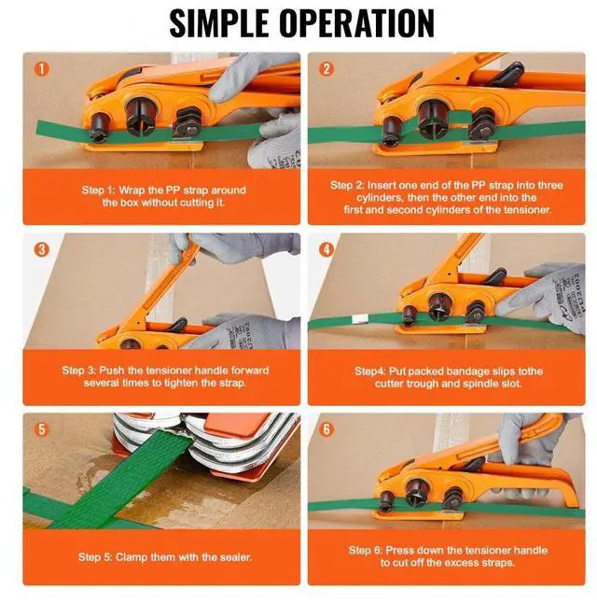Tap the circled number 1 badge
click(40, 69)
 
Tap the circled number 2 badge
click(326, 69)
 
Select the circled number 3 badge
click(40, 249)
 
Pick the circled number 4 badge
click(326, 249)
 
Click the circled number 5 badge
click(40, 429)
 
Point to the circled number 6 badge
click(326, 429)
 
